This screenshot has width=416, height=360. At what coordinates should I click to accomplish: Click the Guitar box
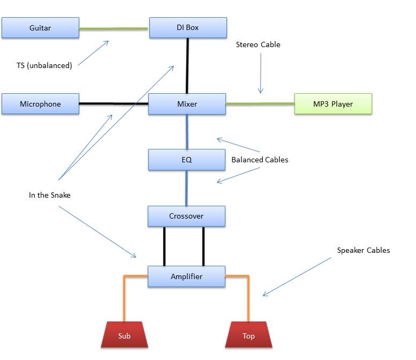[x=40, y=28]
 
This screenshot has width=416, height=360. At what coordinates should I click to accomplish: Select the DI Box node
[x=187, y=27]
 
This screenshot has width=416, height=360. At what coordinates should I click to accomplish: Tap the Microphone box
[x=40, y=104]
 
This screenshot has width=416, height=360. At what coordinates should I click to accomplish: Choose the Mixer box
[x=187, y=104]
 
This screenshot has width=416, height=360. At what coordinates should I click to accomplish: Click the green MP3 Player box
[x=332, y=104]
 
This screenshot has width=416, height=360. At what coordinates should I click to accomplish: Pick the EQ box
[x=186, y=160]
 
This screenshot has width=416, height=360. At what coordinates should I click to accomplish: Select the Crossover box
[x=186, y=216]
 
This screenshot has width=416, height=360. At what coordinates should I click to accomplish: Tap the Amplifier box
[x=186, y=277]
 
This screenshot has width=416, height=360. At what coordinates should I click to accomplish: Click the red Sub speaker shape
[x=124, y=336]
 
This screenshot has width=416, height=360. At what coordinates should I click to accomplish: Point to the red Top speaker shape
[x=248, y=336]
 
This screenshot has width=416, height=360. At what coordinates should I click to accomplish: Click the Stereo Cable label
[x=258, y=44]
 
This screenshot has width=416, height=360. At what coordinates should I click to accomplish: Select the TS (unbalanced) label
[x=44, y=66]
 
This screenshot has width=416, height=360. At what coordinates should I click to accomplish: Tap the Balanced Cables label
[x=260, y=160]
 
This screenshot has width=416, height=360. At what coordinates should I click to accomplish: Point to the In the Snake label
[x=49, y=195]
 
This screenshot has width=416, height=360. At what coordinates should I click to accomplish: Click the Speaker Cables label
[x=364, y=250]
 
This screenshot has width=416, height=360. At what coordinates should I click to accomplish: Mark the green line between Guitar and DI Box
[x=114, y=28]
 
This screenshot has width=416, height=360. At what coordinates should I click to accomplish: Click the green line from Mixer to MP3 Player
[x=260, y=103]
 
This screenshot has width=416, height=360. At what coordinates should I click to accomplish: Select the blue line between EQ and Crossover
[x=186, y=188]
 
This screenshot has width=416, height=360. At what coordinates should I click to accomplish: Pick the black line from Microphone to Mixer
[x=114, y=103]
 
